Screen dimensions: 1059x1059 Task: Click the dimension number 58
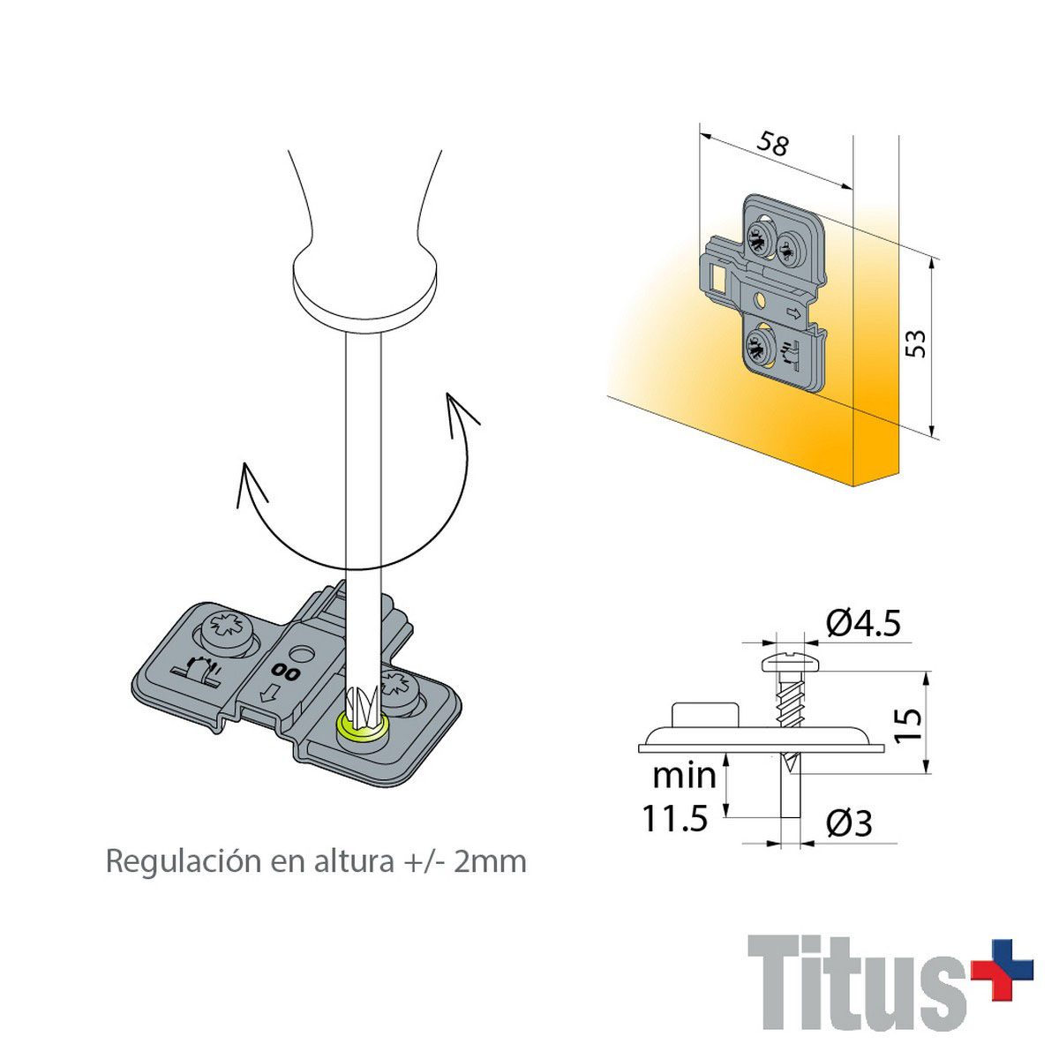click(773, 144)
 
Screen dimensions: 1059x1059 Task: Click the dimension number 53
click(915, 344)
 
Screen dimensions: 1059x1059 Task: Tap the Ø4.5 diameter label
click(863, 623)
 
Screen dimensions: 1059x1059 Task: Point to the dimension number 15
click(908, 725)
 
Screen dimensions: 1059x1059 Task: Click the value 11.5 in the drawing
click(675, 818)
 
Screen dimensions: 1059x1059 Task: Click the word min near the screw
click(684, 776)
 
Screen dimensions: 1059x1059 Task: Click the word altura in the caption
click(354, 861)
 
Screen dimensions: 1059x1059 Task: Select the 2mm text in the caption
click(490, 861)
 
